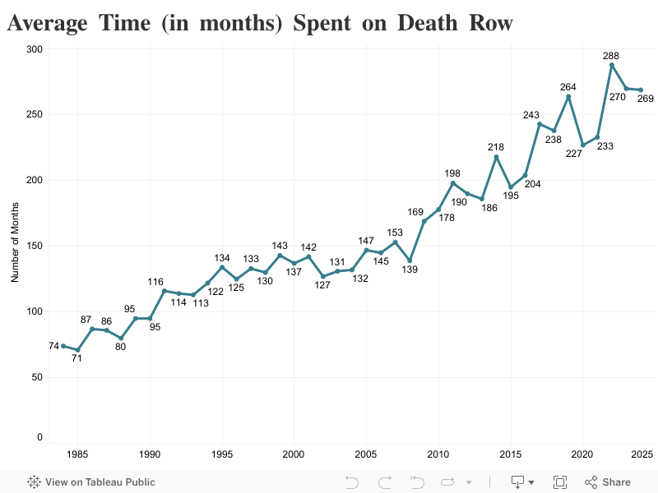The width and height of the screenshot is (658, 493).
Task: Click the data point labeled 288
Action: [x=611, y=65]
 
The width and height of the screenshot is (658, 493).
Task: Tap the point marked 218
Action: [x=496, y=157]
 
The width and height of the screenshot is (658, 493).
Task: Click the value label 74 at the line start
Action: [x=53, y=346]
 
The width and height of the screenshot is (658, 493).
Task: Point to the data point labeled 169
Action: [x=424, y=221]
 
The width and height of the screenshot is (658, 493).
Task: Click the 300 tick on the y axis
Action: [x=34, y=49]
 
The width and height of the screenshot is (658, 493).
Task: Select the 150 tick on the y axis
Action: [x=34, y=246]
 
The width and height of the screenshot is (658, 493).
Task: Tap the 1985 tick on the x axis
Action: [x=77, y=454]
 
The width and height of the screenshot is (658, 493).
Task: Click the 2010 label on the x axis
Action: [x=438, y=454]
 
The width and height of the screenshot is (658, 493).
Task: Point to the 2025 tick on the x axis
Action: [x=642, y=454]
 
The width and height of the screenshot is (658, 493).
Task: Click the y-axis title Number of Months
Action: [x=15, y=246]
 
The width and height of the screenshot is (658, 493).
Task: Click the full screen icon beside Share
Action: [x=560, y=482]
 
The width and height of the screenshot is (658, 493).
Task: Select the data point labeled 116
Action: [x=164, y=291]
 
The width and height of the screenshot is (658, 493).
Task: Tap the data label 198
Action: [x=452, y=173]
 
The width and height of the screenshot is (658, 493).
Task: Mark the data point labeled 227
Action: [x=582, y=145]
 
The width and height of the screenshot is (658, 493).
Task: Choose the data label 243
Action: [x=531, y=114]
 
